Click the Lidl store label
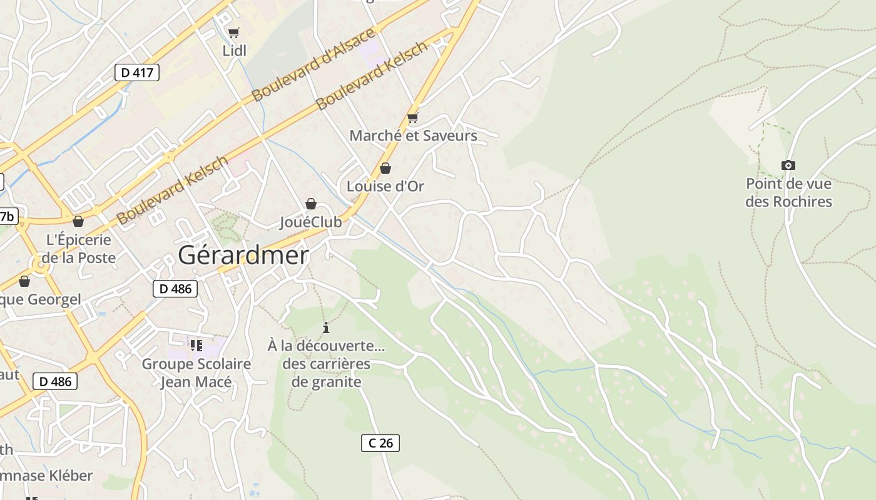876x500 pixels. pos(235,51)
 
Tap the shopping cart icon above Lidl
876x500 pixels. pos(234,32)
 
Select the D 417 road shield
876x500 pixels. pos(137,72)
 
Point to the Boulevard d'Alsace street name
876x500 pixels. pos(313,64)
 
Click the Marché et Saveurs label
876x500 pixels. pos(413,136)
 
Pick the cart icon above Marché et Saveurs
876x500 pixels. pos(412,117)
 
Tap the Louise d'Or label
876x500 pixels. pos(385,186)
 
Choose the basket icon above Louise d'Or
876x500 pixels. pos(385,168)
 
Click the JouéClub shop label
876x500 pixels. pos(310,222)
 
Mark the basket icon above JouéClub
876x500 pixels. pos(311,204)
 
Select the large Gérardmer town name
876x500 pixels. pos(243,255)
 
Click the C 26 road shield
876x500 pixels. pos(380,443)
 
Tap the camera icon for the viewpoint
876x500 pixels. pos(788,166)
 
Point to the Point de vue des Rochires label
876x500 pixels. pos(788,192)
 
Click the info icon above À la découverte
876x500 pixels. pos(325,327)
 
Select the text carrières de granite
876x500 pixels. pos(327,372)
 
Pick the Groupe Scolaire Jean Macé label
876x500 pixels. pos(196,372)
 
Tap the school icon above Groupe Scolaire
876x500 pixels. pos(196,345)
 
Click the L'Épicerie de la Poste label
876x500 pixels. pos(79,249)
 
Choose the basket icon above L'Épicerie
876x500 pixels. pos(78,221)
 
